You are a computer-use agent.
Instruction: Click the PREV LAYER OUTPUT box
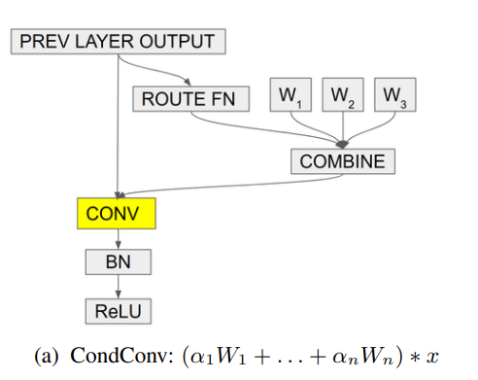click(x=119, y=42)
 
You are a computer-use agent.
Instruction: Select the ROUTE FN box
click(x=191, y=99)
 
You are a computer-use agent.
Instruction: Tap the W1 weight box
click(x=290, y=94)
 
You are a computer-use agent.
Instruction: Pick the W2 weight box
click(x=343, y=94)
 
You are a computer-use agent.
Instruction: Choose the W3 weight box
click(x=395, y=94)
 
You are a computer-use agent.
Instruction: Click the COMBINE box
click(x=343, y=161)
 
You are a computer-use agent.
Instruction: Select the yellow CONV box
click(x=117, y=214)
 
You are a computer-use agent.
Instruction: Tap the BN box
click(x=119, y=262)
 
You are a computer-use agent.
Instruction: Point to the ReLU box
click(x=119, y=311)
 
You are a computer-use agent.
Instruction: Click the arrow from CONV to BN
click(x=119, y=239)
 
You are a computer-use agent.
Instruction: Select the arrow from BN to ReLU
click(x=119, y=287)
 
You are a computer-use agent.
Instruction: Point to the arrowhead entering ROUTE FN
click(x=188, y=82)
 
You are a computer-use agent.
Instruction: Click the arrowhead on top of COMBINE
click(x=343, y=145)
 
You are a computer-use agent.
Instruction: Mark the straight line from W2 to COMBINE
click(x=343, y=128)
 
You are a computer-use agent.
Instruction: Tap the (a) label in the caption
click(x=47, y=356)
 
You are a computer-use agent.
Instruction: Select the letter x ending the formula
click(x=432, y=357)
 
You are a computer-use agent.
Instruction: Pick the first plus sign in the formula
click(x=263, y=357)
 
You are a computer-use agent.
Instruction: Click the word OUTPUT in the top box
click(x=177, y=42)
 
